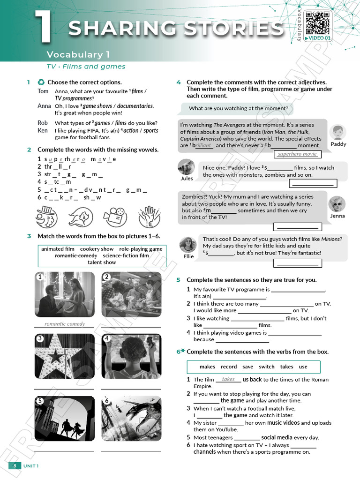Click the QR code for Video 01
[x=318, y=22]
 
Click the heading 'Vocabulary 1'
[x=75, y=54]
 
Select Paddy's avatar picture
[x=337, y=132]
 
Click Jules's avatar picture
[x=187, y=167]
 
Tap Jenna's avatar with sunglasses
[x=337, y=204]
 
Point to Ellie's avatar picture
[x=188, y=245]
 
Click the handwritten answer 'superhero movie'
[x=297, y=154]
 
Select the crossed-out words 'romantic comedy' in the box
[x=76, y=255]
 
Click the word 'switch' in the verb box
[x=266, y=367]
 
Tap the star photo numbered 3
[x=64, y=356]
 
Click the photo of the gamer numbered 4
[x=131, y=356]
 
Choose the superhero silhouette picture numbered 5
[x=64, y=419]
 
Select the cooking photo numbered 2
[x=131, y=294]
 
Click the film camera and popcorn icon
[x=115, y=217]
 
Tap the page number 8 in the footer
[x=15, y=465]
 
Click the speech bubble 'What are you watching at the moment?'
[x=238, y=109]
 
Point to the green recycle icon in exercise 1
[x=41, y=82]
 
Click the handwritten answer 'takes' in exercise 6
[x=228, y=379]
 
